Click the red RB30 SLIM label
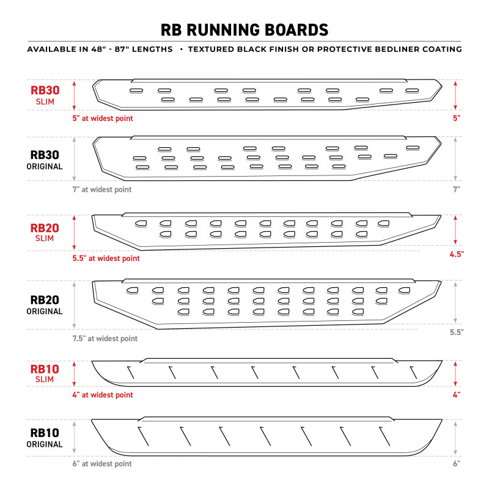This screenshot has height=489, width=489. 45,95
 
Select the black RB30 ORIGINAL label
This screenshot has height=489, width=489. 45,160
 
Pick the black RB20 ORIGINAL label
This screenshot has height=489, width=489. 45,305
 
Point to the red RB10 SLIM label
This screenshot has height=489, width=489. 45,373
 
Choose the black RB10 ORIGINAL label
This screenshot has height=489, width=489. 45,438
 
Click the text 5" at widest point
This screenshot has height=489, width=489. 103,118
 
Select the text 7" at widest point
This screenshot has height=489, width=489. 102,189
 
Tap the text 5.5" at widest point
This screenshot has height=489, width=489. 106,259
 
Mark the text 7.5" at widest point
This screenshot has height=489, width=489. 105,338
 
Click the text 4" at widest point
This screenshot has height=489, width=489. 103,395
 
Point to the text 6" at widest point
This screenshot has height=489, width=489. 102,464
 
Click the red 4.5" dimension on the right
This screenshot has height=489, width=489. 455,253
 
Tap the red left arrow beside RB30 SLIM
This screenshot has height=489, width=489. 75,95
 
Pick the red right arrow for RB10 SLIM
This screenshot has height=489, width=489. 455,373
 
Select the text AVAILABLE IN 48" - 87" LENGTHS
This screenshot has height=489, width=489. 100,49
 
